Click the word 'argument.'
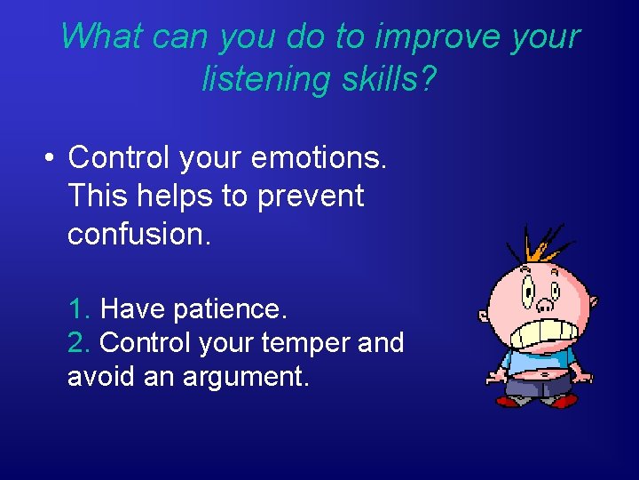point(246,376)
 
